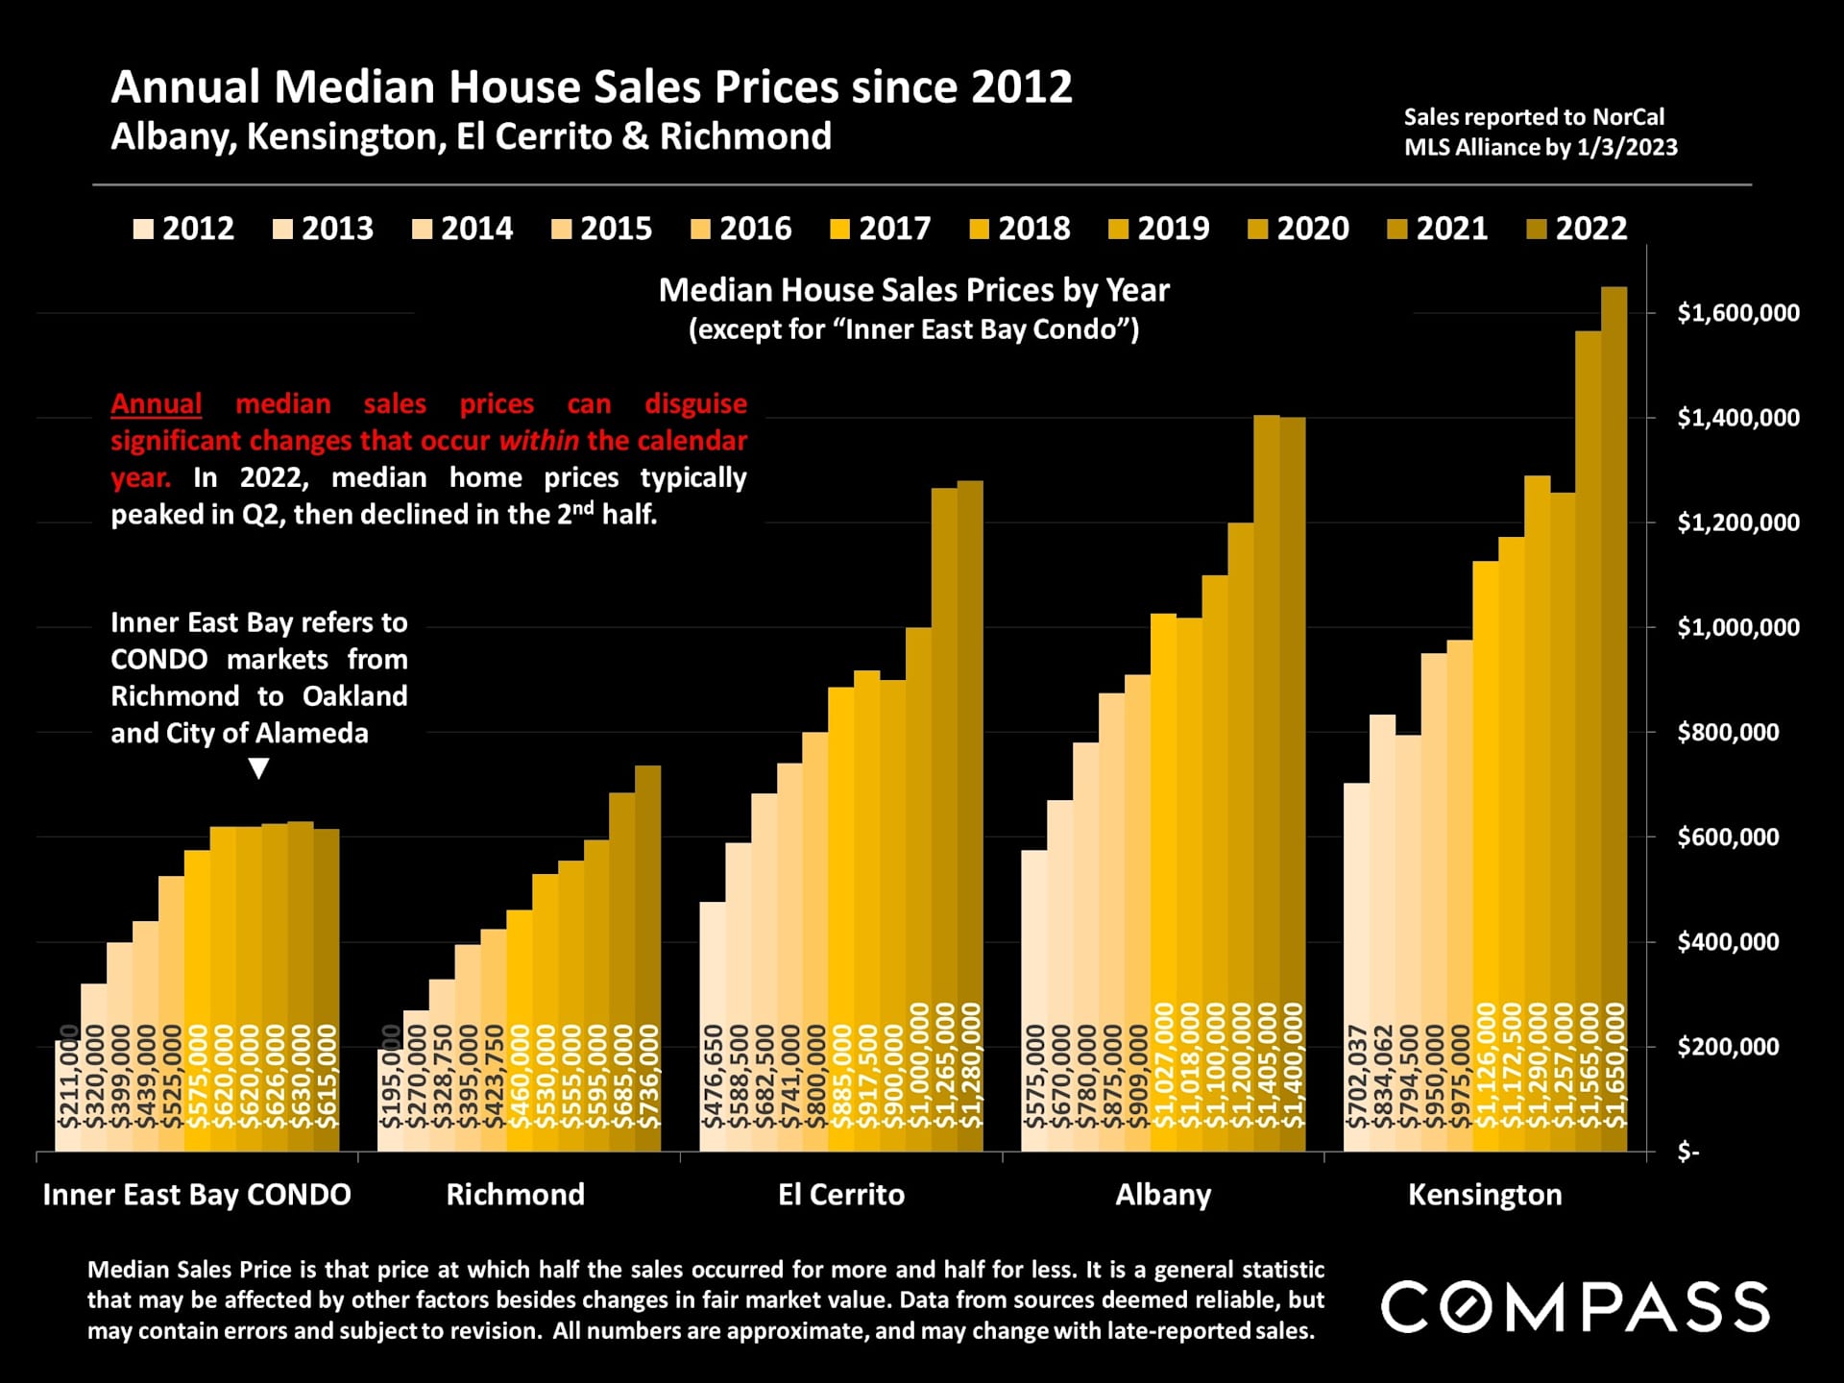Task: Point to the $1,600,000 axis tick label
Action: coord(1738,313)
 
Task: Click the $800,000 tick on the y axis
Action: coord(1728,733)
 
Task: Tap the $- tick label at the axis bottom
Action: coord(1687,1152)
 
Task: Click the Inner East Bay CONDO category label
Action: coord(197,1195)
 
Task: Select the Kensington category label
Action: coord(1485,1195)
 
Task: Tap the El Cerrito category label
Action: coord(841,1195)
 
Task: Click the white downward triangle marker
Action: coord(258,768)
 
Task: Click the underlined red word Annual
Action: coord(157,403)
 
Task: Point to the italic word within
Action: coord(539,441)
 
